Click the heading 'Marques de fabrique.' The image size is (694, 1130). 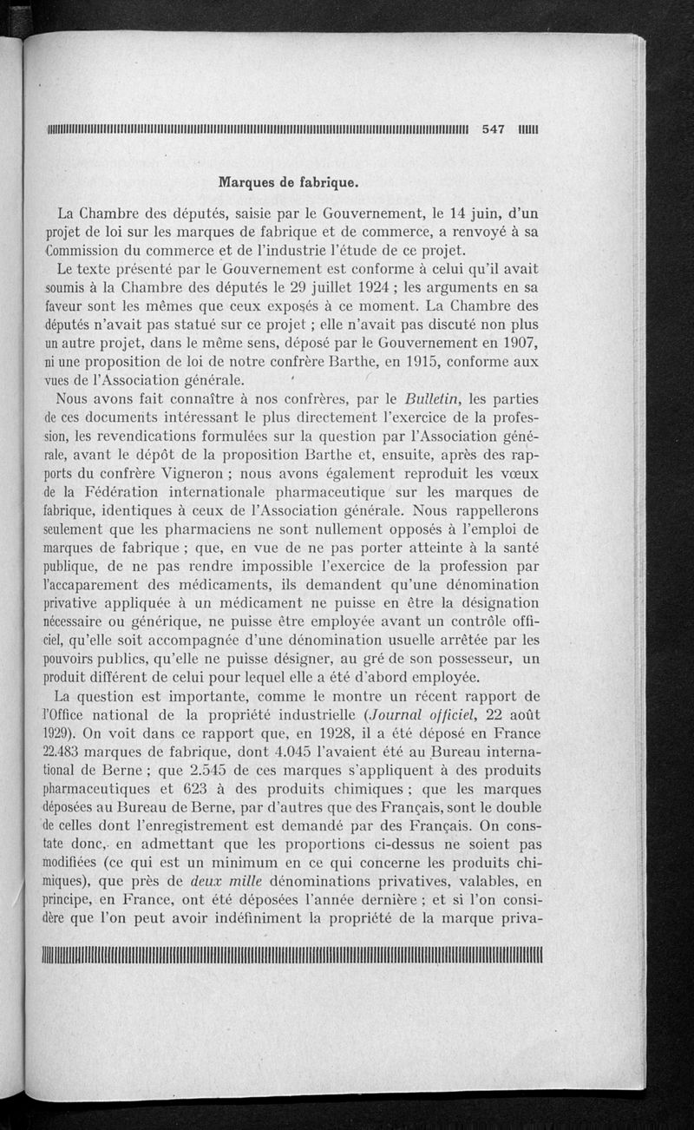[x=289, y=183]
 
